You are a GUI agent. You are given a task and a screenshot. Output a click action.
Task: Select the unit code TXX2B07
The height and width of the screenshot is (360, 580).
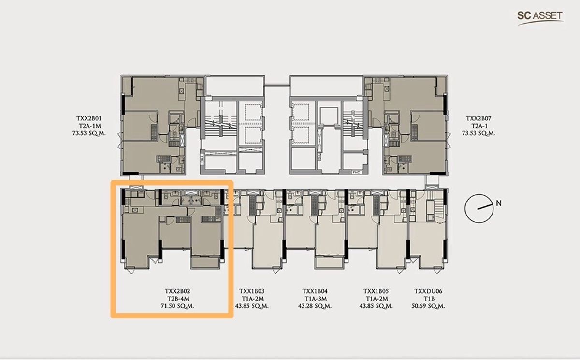point(478,118)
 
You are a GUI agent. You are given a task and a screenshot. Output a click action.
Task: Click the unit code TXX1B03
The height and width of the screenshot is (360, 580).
point(252,291)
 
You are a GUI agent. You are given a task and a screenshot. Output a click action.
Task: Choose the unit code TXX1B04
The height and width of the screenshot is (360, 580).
point(315,291)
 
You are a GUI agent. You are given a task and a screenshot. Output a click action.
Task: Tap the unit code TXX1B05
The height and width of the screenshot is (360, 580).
point(377,291)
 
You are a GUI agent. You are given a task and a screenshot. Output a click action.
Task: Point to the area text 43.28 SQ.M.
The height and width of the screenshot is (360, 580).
point(315,306)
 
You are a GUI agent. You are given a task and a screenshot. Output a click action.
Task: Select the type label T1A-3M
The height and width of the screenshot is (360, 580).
point(315,299)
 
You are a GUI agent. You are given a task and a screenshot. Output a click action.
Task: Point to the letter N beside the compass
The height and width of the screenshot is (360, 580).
point(499,203)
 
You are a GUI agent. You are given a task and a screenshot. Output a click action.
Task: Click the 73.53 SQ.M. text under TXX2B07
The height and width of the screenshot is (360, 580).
point(478,133)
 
